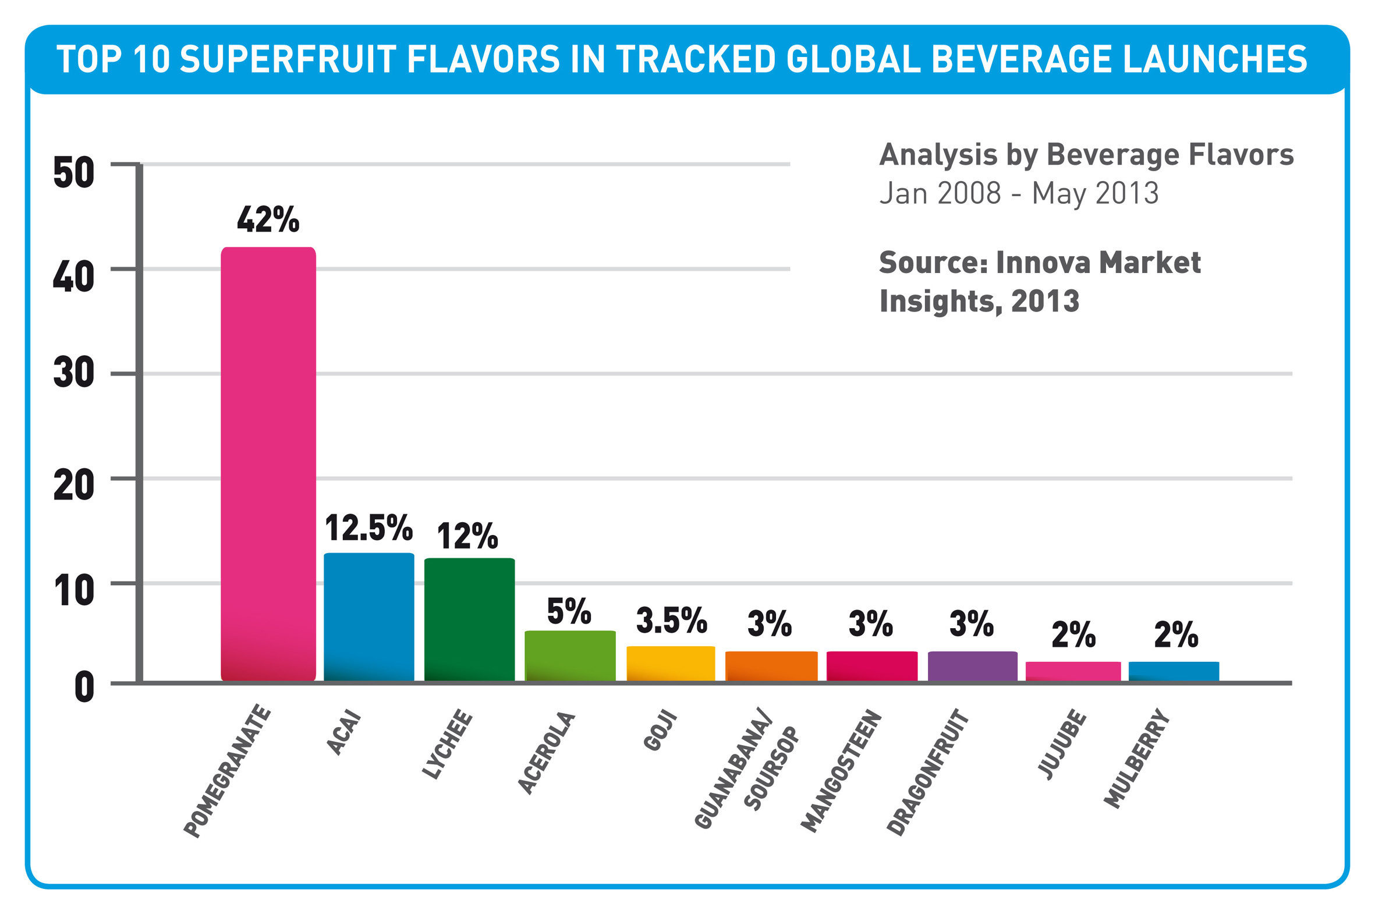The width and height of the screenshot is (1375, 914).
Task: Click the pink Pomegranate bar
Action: tap(268, 463)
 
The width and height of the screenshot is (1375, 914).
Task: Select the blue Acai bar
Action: tap(369, 617)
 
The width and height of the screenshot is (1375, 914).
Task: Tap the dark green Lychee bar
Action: tap(469, 619)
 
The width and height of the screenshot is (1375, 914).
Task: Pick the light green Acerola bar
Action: tap(570, 655)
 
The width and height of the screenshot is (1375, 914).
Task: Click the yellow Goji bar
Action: tap(671, 663)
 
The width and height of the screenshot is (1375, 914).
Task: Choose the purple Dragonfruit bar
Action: tap(972, 665)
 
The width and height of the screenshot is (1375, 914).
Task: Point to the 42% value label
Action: tap(268, 219)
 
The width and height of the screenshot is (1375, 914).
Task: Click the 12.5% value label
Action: tap(368, 527)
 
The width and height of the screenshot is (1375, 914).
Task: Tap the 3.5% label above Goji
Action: tap(671, 620)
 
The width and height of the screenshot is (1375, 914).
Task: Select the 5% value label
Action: tap(569, 611)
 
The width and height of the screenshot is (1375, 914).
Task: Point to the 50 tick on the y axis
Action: tap(73, 172)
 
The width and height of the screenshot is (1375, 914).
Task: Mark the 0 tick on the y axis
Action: tap(84, 688)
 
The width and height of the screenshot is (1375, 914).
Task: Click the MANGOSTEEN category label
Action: tap(841, 771)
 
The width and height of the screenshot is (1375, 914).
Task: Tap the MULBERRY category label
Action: tap(1136, 759)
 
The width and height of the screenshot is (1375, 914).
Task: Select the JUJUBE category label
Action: tap(1062, 745)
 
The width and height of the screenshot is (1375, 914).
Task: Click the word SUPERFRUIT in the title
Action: tap(288, 59)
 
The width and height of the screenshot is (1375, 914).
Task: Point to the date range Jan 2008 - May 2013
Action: tap(1019, 193)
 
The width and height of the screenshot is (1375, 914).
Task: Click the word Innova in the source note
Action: tap(1043, 263)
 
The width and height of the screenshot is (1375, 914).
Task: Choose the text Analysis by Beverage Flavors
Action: tap(1086, 155)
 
